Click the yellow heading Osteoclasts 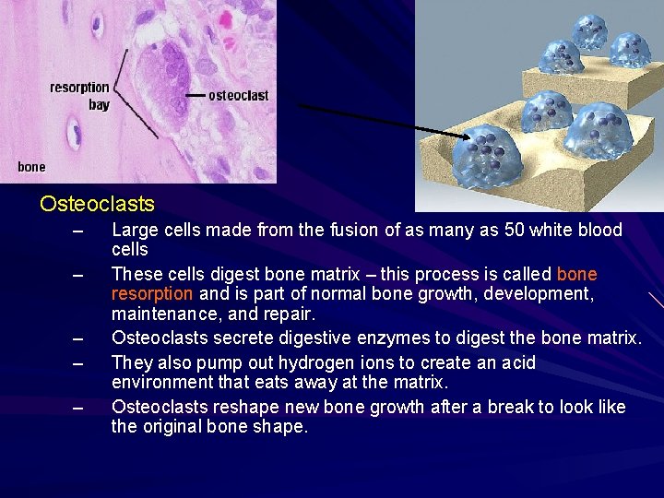tap(97, 204)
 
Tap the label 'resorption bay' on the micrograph tap(79, 96)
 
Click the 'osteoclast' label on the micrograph tap(239, 95)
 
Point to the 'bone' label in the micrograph tap(31, 167)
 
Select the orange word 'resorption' tap(152, 293)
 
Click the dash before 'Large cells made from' tap(77, 231)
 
